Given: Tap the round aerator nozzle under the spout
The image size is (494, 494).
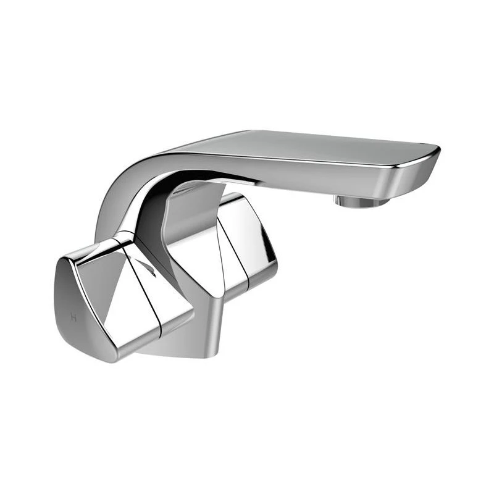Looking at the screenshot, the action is click(x=360, y=201).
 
